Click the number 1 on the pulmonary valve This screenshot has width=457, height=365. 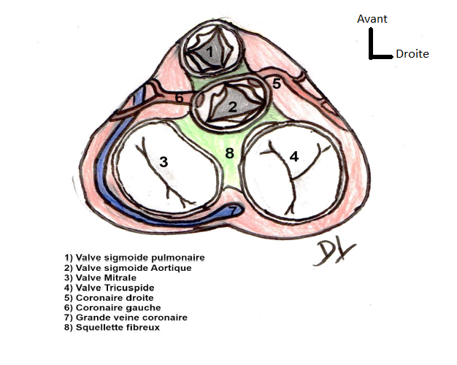pos(210,52)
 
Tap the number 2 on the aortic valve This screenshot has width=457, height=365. pos(231,107)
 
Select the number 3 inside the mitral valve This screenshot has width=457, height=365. pos(164,161)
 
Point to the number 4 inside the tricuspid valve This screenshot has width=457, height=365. pos(294,156)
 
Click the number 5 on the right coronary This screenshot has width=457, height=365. pos(277,84)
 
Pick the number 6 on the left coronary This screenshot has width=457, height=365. pos(179,97)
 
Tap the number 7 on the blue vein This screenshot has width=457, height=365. pos(233,211)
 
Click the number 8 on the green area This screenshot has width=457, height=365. pos(229,153)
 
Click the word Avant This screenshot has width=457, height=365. pos(372,19)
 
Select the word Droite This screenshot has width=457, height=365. pos(412,54)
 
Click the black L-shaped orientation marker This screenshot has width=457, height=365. pos(376,48)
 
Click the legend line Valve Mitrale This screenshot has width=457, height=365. pos(101,278)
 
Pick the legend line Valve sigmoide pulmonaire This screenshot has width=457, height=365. pos(134,258)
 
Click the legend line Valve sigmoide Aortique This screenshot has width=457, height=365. pos(128,268)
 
